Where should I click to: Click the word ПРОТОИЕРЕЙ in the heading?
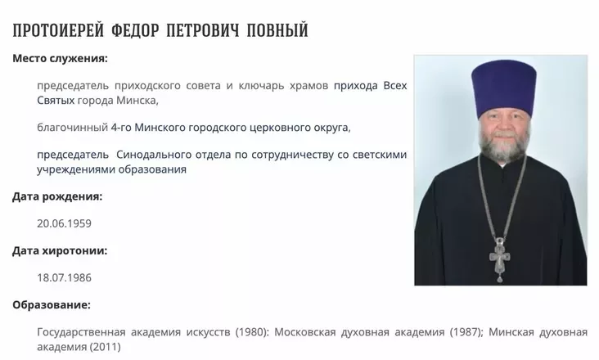click(58, 30)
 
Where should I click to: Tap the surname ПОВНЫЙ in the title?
click(277, 30)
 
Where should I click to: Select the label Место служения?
click(60, 58)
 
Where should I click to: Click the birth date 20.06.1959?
click(64, 223)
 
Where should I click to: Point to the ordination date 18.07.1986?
click(64, 277)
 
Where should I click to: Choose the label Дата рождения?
click(57, 197)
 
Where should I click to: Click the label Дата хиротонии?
click(60, 251)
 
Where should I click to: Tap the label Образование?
click(52, 305)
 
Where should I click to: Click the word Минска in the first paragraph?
click(137, 101)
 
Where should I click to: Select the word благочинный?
click(73, 128)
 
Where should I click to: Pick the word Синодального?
click(154, 155)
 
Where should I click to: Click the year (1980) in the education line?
click(253, 332)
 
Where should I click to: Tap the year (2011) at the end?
click(105, 347)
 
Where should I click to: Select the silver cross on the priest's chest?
click(500, 259)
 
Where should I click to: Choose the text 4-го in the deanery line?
click(121, 128)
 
